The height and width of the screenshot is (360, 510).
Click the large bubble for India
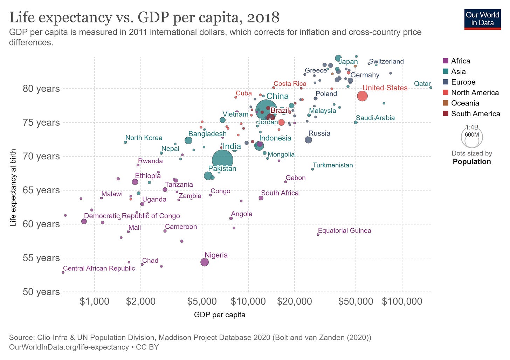coord(222,160)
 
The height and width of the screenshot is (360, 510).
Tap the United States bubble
coord(362,96)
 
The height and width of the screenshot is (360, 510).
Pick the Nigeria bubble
coord(205,262)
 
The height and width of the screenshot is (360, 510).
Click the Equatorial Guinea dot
coord(318,235)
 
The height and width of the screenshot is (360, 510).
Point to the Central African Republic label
coord(99,268)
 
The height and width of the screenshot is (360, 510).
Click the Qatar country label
coord(422,83)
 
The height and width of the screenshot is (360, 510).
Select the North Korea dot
coord(125,142)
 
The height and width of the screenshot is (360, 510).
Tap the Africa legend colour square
coord(446,61)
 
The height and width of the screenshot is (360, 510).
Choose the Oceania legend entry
coord(465,103)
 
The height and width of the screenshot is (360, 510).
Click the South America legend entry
coord(475,113)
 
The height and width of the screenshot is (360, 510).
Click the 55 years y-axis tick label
coord(41,258)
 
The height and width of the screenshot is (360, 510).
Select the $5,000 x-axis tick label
coord(202,301)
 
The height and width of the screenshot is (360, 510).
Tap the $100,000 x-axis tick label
coord(402,301)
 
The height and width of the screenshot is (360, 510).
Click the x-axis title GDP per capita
coord(220,315)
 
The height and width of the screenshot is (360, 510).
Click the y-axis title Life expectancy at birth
coord(13,188)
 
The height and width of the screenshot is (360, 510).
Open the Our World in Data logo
coord(482,19)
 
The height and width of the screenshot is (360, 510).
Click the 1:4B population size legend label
coord(472,127)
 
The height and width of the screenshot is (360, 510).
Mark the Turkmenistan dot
coord(312,169)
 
